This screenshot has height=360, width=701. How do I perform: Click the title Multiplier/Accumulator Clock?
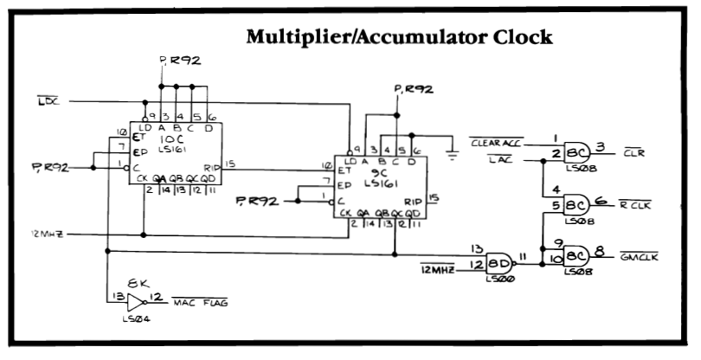[399, 38]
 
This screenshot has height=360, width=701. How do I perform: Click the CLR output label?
[633, 153]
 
